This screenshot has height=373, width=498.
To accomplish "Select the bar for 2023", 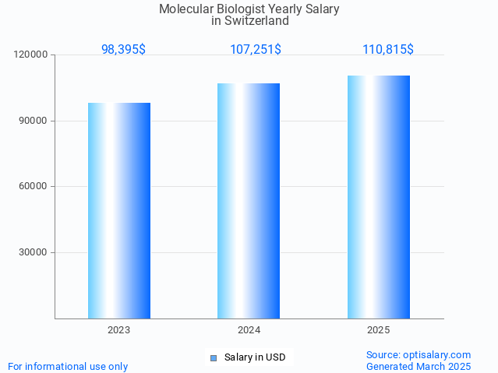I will pyautogui.click(x=119, y=210).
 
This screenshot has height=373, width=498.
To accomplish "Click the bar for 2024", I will pyautogui.click(x=249, y=201).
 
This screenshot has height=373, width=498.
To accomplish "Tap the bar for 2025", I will pyautogui.click(x=379, y=197).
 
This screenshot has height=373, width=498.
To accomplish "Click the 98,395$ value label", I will pyautogui.click(x=123, y=49).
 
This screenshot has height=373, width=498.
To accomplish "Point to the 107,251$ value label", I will pyautogui.click(x=256, y=49).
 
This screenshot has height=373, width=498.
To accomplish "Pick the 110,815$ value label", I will pyautogui.click(x=387, y=49).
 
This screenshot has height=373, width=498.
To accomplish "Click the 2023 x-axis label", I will pyautogui.click(x=119, y=330).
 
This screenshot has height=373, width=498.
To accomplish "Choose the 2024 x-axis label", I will pyautogui.click(x=249, y=330).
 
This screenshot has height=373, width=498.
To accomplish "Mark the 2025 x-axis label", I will pyautogui.click(x=379, y=330).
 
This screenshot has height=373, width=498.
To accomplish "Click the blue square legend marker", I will pyautogui.click(x=213, y=358).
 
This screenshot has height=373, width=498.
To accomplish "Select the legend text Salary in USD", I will pyautogui.click(x=255, y=358).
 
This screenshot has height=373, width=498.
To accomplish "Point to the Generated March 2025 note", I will pyautogui.click(x=419, y=366).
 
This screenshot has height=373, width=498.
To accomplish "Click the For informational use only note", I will pyautogui.click(x=68, y=366).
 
